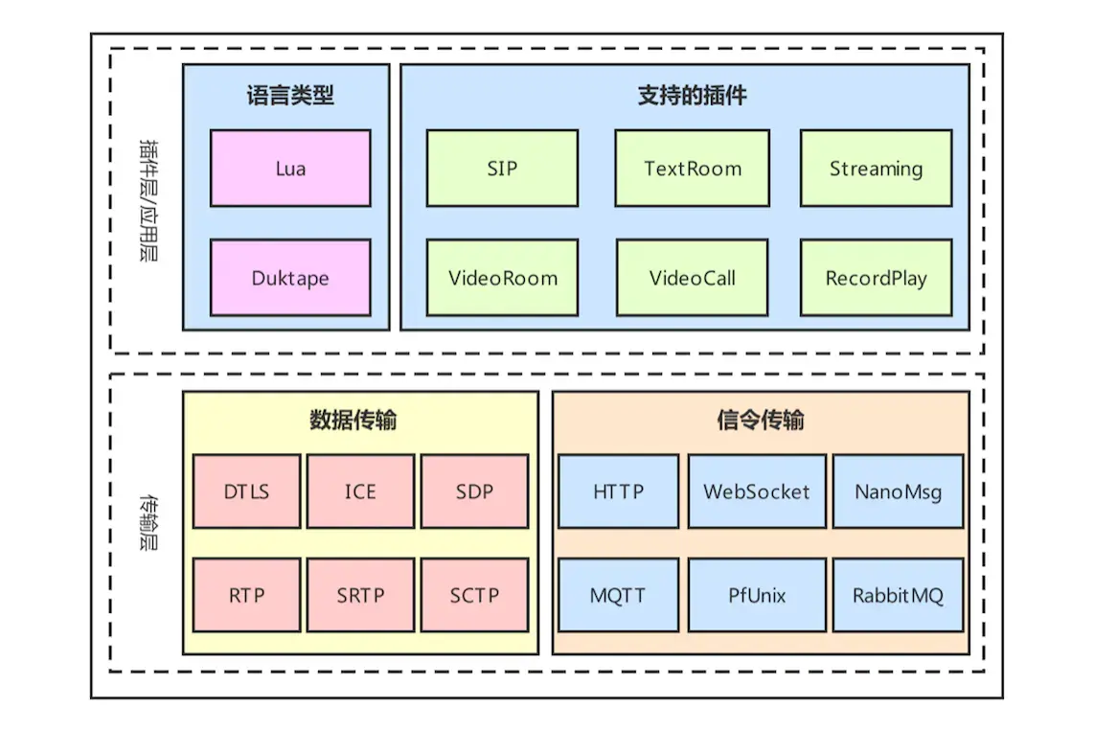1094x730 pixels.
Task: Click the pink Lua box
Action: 290,169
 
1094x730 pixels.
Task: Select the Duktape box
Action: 290,278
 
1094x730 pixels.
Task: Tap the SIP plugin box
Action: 502,169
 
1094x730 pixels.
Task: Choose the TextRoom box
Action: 693,169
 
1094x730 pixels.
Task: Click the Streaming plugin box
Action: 876,169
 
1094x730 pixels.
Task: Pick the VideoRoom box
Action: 502,278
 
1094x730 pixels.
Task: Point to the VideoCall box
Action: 693,278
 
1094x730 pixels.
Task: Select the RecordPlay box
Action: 876,278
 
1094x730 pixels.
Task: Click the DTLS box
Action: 246,491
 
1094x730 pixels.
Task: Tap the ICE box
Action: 360,491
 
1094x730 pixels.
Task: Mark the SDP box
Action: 474,491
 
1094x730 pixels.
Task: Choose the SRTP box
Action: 360,595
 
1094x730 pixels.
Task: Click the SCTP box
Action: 474,595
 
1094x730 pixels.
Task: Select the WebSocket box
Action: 756,491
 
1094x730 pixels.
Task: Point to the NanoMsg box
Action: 898,491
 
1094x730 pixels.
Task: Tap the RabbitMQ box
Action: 898,595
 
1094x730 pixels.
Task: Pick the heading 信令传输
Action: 761,421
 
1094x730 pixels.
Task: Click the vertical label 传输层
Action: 148,522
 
